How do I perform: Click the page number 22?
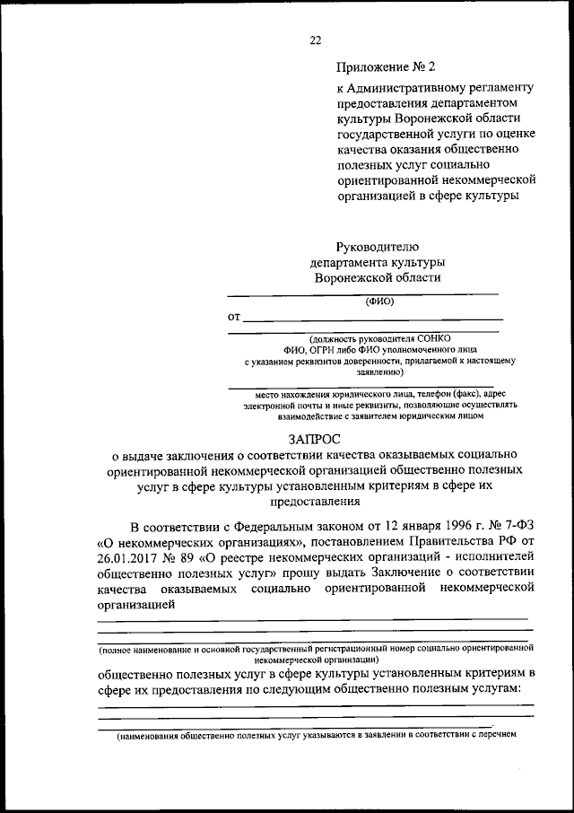point(315,39)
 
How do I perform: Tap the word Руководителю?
point(377,246)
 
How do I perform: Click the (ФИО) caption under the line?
point(378,302)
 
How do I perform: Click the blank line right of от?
point(372,319)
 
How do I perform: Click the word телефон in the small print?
point(415,393)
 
